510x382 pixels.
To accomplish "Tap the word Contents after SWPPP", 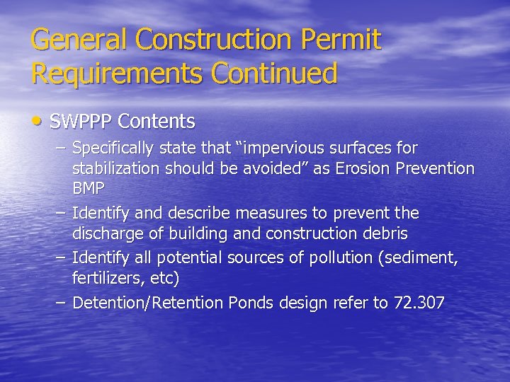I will tap(157, 122).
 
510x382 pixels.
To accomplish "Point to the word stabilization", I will tap(115, 169).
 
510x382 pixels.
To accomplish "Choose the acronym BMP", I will tap(89, 189).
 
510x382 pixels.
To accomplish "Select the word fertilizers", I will tap(105, 278).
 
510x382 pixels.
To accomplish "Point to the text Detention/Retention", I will tap(148, 303).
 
